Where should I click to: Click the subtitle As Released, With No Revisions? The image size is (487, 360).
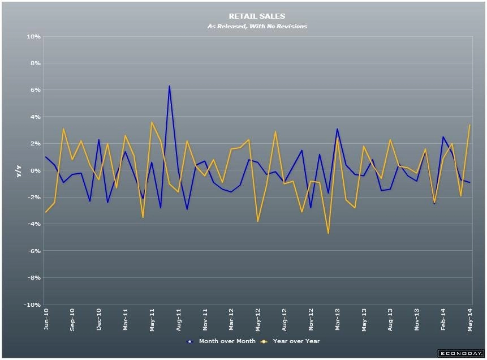257,27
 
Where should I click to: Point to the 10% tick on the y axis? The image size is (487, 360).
33,37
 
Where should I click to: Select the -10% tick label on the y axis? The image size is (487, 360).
31,305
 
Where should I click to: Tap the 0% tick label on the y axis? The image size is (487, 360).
35,171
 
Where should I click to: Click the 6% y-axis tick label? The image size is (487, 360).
35,91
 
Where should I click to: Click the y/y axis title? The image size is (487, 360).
19,171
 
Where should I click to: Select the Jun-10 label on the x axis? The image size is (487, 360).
46,320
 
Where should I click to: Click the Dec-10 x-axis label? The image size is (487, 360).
99,320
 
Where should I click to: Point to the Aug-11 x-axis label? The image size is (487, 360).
179,320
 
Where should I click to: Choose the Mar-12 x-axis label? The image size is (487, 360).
231,320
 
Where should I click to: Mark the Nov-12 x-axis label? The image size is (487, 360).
311,320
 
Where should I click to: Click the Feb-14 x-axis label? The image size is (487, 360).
444,320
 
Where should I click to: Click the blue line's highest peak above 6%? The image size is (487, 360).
169,86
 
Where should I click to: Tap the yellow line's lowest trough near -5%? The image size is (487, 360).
328,233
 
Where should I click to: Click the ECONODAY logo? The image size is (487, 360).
460,354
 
